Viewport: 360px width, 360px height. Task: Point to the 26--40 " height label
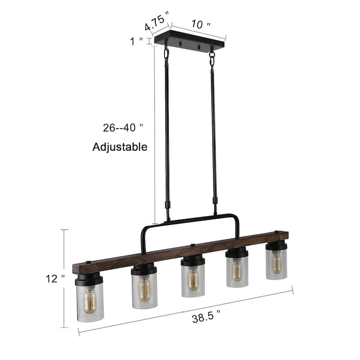point(123,127)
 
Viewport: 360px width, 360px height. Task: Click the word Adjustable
point(120,147)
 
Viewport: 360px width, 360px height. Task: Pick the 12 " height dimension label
point(52,279)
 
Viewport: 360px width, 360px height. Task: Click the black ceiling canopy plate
point(189,43)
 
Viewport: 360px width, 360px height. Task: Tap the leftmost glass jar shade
point(90,301)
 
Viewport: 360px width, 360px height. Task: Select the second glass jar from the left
point(144,290)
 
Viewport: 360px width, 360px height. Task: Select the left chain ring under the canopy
point(166,53)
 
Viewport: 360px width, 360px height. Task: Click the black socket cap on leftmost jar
point(89,279)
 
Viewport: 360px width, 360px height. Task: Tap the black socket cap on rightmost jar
point(276,246)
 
